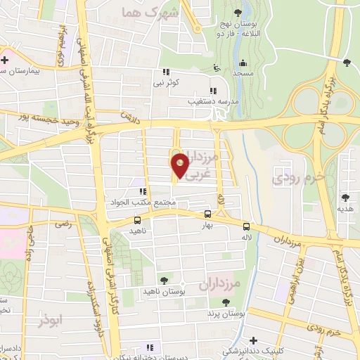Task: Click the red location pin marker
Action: (180, 166)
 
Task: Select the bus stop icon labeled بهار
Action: (207, 214)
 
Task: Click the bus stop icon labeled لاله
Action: (246, 226)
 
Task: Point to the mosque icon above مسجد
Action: (243, 62)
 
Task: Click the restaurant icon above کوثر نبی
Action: (167, 72)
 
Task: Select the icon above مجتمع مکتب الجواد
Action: (143, 191)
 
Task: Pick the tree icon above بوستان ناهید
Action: (165, 281)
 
